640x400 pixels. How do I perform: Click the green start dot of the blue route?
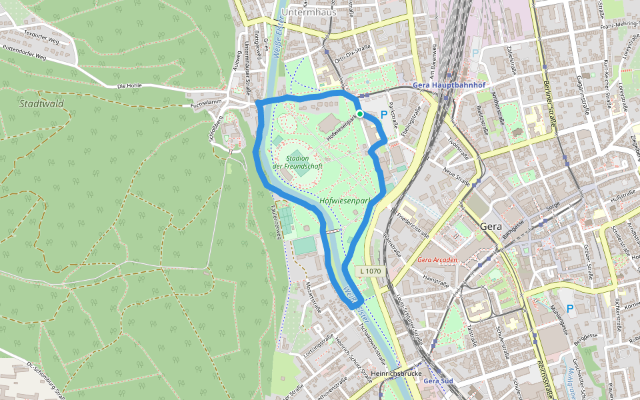(x=360, y=114)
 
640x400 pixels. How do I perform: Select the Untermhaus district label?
(x=308, y=12)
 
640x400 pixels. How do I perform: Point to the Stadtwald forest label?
(x=41, y=104)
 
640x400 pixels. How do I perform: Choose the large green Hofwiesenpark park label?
(x=344, y=200)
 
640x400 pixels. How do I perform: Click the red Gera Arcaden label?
(x=438, y=259)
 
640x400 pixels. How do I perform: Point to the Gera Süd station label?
(x=438, y=381)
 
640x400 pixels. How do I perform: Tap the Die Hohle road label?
(x=130, y=86)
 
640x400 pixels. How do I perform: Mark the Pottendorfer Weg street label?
(x=24, y=53)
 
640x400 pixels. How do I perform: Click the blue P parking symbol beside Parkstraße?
(x=383, y=115)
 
